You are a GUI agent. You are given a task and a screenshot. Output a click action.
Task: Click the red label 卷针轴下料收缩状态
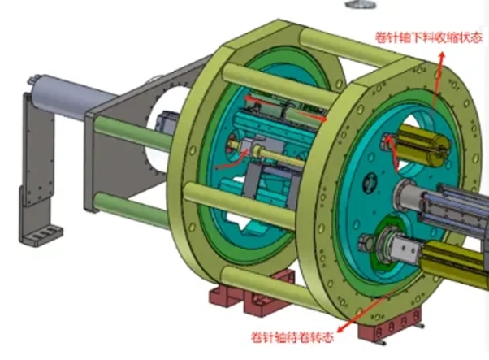(x=429, y=37)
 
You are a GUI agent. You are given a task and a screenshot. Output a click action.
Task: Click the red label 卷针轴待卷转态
(x=292, y=337)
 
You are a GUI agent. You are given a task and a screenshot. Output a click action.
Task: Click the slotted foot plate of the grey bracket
(x=42, y=234)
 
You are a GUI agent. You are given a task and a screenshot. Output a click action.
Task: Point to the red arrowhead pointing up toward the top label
(x=442, y=56)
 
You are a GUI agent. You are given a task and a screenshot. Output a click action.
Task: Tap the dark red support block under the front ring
(x=390, y=324)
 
